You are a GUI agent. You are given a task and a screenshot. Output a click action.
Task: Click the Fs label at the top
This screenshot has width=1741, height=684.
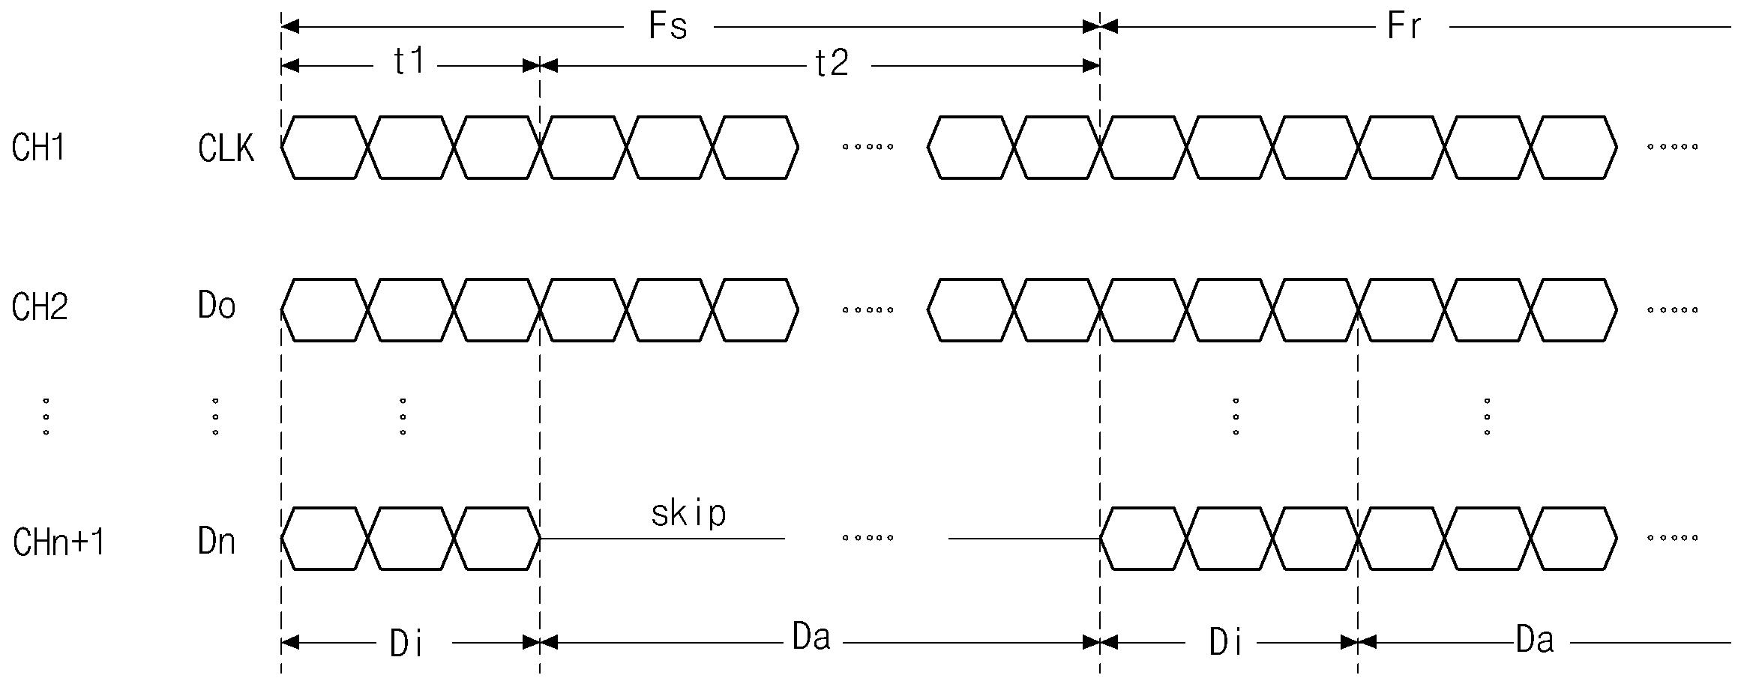667,27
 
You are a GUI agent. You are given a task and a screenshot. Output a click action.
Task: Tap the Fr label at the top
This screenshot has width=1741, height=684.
1404,27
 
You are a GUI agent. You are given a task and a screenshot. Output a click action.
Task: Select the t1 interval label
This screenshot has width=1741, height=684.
409,61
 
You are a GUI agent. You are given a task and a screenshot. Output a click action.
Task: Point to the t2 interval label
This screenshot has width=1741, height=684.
832,64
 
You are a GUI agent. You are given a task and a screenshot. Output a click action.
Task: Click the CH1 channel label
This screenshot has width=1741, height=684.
39,148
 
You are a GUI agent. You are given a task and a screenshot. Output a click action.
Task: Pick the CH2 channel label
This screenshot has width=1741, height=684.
40,307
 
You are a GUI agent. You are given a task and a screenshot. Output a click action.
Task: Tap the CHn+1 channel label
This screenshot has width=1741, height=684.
58,542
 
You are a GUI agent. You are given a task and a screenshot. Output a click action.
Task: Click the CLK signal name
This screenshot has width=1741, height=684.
226,148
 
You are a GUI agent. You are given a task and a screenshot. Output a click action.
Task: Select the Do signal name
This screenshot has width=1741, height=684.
217,306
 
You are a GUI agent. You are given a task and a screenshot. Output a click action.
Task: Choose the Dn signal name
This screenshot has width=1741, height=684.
217,541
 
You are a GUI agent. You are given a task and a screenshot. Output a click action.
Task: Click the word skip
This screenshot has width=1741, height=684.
688,514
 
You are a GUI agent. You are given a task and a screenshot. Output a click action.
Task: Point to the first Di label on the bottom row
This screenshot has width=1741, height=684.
407,644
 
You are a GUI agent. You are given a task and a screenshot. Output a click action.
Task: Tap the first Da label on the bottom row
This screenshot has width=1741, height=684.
811,638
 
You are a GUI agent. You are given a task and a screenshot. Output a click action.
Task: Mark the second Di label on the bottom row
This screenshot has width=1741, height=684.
1227,643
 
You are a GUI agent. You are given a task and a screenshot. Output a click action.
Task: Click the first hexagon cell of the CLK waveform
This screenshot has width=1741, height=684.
325,148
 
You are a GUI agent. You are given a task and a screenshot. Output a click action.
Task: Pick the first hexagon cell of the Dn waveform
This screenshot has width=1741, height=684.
325,539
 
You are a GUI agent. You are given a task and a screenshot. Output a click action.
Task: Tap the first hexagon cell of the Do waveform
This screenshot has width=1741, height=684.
325,309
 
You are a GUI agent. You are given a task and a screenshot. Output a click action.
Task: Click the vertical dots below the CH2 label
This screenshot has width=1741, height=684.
46,417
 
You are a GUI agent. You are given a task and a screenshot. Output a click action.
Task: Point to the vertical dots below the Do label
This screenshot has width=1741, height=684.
215,417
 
